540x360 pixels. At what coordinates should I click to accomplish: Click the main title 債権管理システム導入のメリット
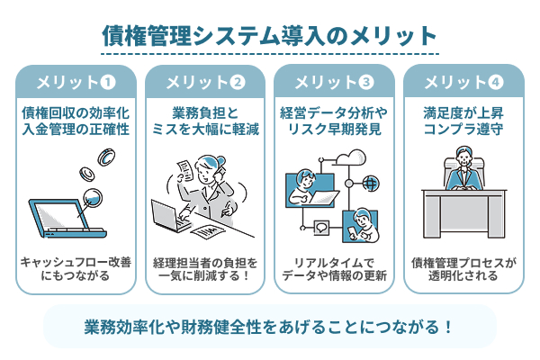(x=269, y=35)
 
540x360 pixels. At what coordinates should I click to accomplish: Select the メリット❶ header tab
(x=76, y=83)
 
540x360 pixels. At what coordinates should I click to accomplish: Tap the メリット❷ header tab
(x=205, y=83)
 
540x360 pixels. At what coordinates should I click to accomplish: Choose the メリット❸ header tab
(x=334, y=83)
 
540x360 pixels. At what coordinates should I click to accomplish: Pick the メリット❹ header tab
(x=463, y=83)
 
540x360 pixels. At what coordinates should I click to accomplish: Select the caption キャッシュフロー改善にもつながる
(x=76, y=269)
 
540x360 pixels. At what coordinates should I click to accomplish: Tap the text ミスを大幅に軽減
(x=205, y=130)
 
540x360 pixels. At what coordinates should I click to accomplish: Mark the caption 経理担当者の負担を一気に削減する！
(x=205, y=269)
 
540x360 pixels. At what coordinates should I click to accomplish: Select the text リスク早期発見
(x=334, y=130)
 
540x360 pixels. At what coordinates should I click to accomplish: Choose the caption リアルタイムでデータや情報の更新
(x=334, y=269)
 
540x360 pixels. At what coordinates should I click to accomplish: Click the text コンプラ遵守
(x=463, y=130)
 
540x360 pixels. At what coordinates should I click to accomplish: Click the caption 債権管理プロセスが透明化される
(x=463, y=269)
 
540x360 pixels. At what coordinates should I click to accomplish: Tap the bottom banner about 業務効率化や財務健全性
(x=269, y=325)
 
